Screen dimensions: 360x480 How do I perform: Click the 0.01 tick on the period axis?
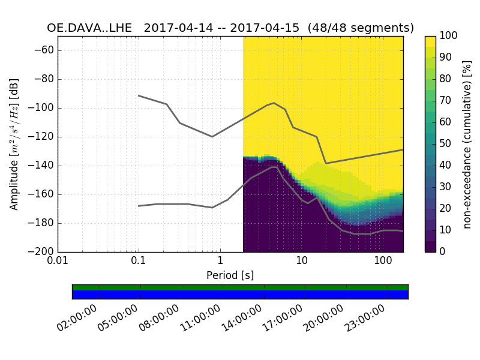pos(58,262)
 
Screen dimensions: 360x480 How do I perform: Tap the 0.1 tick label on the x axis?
pos(139,262)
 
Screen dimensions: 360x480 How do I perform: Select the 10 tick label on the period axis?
pos(301,262)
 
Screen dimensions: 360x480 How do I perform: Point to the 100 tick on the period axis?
pos(383,262)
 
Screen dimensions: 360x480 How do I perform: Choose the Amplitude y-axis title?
pos(14,144)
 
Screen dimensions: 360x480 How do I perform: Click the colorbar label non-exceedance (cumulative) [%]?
pos(467,144)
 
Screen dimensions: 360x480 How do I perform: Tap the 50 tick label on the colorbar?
pos(445,144)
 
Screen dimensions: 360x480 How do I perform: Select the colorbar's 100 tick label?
pos(448,36)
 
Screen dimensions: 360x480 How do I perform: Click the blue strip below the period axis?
pos(240,295)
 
